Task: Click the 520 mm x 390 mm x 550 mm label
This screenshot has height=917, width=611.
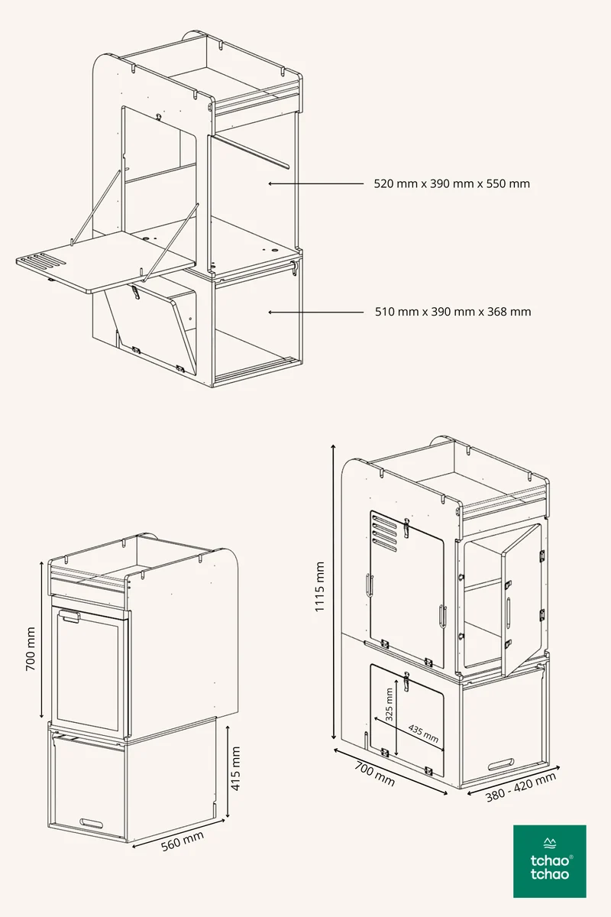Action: (452, 184)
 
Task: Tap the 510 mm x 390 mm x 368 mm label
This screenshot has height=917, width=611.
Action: (453, 312)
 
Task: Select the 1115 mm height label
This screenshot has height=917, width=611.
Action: (319, 587)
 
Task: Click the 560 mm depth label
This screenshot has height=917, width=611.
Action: (183, 841)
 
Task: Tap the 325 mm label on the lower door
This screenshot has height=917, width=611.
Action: (389, 704)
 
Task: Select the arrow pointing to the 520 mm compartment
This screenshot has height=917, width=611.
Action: (316, 184)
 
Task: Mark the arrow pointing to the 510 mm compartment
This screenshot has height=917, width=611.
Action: (316, 312)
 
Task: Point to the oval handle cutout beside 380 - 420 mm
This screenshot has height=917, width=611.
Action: (500, 764)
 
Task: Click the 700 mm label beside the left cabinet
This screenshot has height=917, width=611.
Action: (31, 650)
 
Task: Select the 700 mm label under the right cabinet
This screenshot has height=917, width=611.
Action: (374, 773)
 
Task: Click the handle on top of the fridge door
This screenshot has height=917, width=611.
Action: (70, 616)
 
